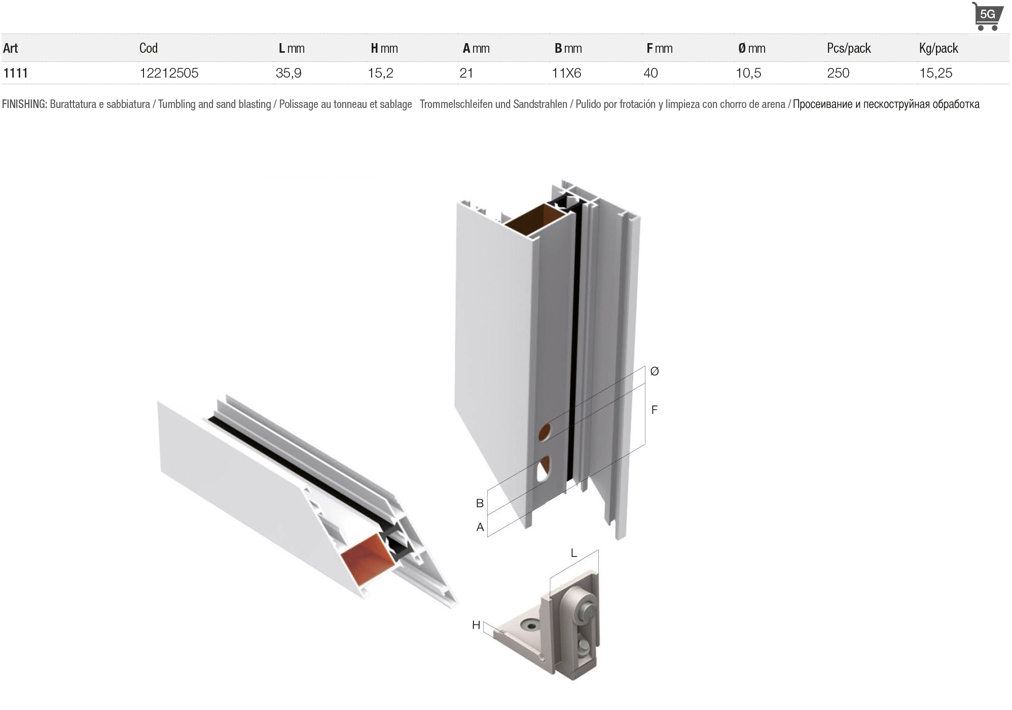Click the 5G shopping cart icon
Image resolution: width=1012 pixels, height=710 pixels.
987,16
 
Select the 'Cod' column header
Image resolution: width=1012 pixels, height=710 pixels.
149,48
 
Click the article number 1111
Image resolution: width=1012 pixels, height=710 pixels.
15,73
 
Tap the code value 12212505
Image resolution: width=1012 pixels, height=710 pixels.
169,73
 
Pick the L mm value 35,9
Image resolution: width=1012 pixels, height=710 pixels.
288,73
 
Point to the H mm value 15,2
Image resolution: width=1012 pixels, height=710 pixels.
380,73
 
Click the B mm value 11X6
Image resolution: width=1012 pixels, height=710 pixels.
566,73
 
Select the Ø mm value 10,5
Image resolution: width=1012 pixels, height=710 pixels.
748,73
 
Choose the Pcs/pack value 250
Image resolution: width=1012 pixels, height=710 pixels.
838,73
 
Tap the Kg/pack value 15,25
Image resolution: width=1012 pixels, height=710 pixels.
936,73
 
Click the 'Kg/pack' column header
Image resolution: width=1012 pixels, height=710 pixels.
938,48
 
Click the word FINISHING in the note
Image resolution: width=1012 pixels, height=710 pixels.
24,104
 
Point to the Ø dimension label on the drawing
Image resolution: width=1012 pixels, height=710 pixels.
655,371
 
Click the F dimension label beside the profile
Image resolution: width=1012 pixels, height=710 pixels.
655,410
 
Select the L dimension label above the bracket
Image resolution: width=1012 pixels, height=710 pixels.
574,553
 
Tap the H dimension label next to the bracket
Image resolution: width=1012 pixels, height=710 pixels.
476,625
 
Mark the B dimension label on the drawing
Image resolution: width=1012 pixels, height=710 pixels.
480,503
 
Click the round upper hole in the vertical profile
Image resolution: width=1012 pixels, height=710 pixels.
544,432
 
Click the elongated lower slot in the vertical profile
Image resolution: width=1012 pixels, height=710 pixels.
543,469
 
